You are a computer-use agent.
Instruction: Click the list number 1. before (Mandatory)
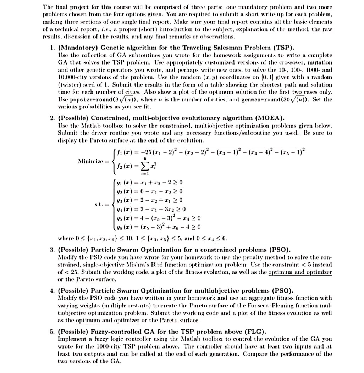pos(52,48)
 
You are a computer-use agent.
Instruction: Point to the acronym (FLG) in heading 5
pos(256,332)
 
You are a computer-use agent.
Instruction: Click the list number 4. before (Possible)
pos(52,290)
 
